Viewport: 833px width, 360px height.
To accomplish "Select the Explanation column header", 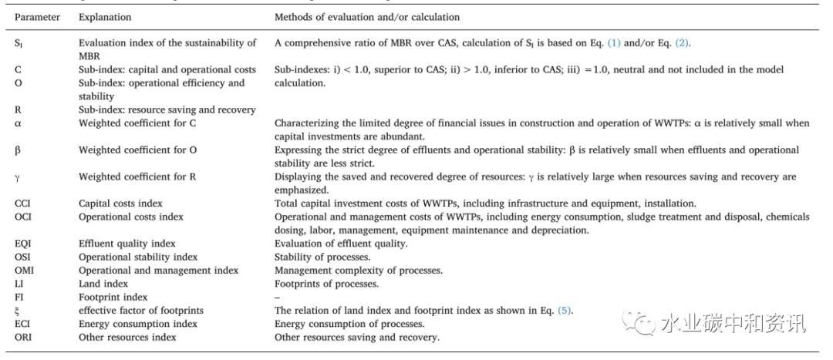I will (x=105, y=17).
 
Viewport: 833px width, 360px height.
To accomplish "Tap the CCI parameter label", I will (x=24, y=204).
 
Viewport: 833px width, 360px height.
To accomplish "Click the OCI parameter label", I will (x=24, y=217).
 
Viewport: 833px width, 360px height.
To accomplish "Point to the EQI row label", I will (x=24, y=244).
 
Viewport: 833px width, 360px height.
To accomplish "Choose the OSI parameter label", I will (x=24, y=257).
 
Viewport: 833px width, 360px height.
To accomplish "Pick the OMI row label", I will (x=25, y=270).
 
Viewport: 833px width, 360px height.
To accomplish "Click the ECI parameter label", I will (x=24, y=324).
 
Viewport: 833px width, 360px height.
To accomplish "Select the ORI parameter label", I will (x=24, y=337).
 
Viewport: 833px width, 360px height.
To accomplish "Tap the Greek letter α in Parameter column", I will (x=18, y=123).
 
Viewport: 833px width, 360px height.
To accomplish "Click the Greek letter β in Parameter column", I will (x=18, y=150).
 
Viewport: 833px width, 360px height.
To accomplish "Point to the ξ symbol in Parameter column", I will (x=18, y=311).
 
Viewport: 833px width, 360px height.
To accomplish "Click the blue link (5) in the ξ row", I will (x=566, y=311).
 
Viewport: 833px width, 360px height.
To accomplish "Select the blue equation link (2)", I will (x=683, y=43).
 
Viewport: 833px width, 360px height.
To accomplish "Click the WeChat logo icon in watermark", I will (x=639, y=321).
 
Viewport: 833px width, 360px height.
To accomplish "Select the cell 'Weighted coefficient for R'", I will (x=137, y=177).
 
